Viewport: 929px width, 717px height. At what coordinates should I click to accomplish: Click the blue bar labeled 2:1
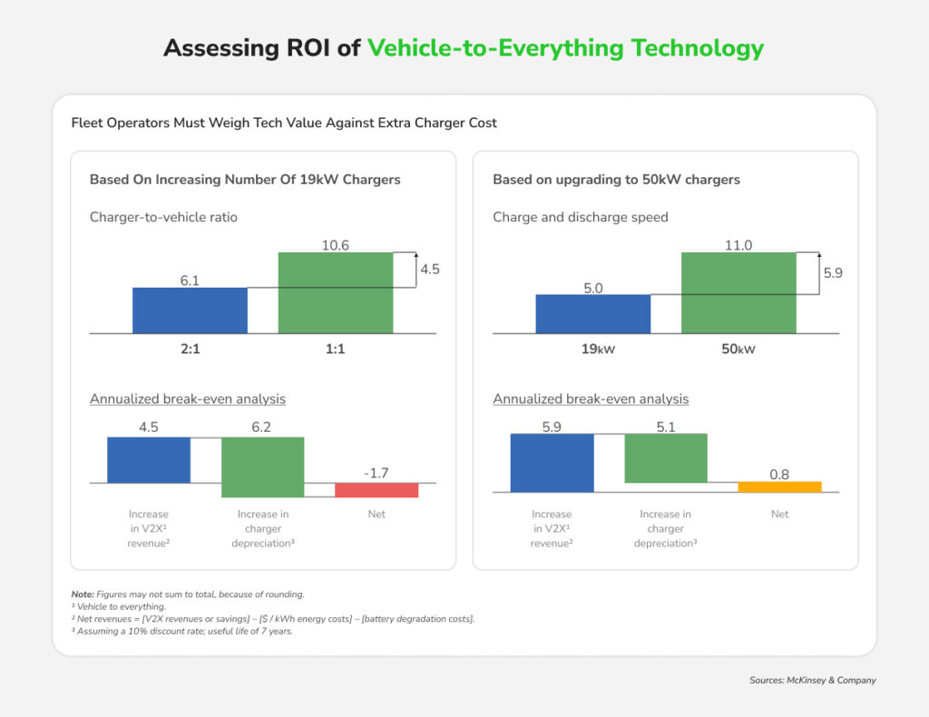click(190, 310)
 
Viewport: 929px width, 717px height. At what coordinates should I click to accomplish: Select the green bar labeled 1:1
click(335, 292)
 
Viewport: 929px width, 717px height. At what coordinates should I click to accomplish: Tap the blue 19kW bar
click(592, 313)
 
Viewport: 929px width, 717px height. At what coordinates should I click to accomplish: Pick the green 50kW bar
click(738, 292)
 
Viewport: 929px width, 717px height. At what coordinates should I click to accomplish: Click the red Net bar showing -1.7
click(376, 490)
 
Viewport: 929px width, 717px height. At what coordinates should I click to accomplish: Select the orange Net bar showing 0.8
click(779, 486)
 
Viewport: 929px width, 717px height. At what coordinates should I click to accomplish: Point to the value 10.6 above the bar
click(335, 244)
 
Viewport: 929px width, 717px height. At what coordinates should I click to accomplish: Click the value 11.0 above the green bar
click(738, 244)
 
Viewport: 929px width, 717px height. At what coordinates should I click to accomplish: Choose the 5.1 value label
click(665, 425)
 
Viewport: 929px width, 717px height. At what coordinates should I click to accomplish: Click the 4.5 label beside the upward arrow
click(430, 269)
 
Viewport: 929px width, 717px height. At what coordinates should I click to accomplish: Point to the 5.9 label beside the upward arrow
click(833, 272)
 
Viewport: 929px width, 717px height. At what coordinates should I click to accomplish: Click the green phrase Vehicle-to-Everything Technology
click(565, 48)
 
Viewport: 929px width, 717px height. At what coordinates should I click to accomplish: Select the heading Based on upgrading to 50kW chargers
click(616, 180)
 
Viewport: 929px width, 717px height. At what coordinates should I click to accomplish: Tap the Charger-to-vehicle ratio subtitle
click(163, 217)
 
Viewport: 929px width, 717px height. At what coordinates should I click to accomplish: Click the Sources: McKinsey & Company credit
click(813, 680)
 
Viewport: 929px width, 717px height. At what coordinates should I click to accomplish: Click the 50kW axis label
click(738, 349)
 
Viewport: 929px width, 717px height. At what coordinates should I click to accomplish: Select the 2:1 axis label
click(190, 349)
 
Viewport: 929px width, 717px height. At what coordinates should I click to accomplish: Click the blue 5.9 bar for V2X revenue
click(552, 462)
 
